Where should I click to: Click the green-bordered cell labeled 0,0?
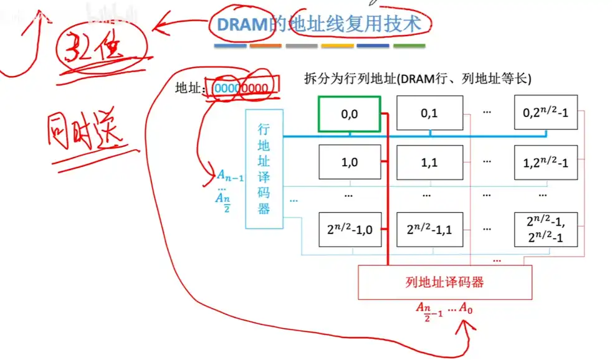pos(349,114)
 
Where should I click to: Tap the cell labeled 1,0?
pos(349,162)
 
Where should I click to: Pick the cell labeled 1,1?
pos(429,162)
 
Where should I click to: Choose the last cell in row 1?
pos(546,162)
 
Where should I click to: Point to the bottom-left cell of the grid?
pos(349,229)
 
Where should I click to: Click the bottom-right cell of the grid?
pos(546,229)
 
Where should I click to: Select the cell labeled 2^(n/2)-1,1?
pos(429,229)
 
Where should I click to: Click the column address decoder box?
pos(444,282)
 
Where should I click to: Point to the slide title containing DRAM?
pos(319,24)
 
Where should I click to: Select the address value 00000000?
pos(241,88)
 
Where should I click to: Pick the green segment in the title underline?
pos(409,46)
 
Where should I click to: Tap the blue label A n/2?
pos(222,201)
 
